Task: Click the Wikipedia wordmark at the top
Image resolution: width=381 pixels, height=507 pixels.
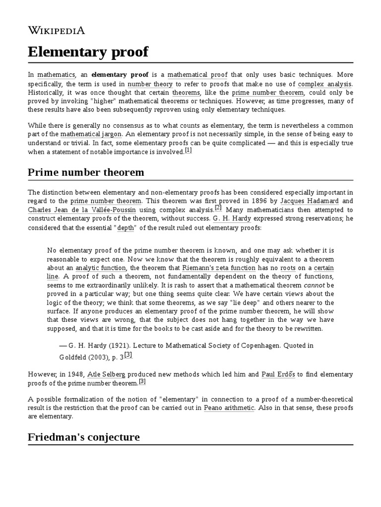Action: click(x=56, y=30)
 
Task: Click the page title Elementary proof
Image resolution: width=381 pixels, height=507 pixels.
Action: click(x=88, y=51)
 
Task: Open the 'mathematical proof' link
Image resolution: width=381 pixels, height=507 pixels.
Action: click(x=197, y=75)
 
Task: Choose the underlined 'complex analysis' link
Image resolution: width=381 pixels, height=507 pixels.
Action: click(x=325, y=84)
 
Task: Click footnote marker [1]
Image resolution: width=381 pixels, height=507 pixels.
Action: click(x=188, y=151)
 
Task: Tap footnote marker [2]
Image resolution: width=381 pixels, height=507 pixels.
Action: click(x=218, y=208)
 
